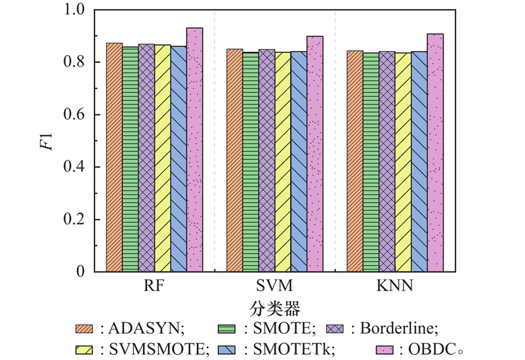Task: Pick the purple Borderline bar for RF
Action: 147,157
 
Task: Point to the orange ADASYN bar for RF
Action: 115,157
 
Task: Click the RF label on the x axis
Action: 155,287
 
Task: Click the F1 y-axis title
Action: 46,140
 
